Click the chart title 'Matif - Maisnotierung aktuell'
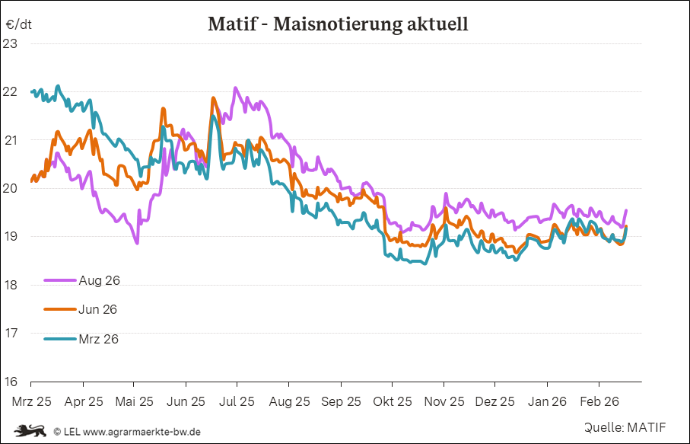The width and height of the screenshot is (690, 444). tap(338, 24)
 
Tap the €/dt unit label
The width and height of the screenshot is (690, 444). tap(18, 24)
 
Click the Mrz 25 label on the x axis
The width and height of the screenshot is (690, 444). tap(32, 401)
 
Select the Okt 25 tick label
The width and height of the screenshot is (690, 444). tap(393, 401)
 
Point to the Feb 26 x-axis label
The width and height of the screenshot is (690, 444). tap(599, 401)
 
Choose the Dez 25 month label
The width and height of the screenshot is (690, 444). tap(495, 401)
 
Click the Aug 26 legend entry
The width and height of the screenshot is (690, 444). tap(99, 280)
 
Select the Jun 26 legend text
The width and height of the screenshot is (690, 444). tap(98, 309)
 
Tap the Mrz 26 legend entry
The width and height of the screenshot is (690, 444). tap(98, 339)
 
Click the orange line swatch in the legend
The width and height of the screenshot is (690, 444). tap(60, 309)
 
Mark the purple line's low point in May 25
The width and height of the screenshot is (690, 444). tap(136, 243)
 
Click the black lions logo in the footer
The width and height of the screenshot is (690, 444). tap(30, 431)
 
